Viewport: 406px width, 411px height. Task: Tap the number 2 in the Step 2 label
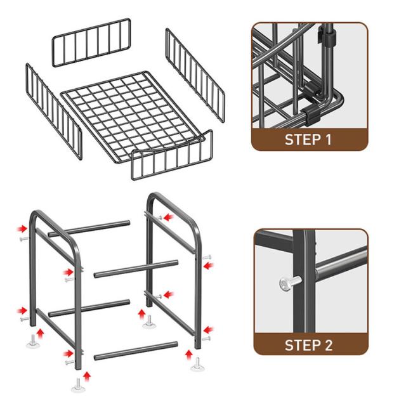coord(328,345)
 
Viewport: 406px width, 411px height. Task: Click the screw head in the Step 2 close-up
coord(285,284)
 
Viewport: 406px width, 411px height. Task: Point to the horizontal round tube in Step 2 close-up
coord(341,263)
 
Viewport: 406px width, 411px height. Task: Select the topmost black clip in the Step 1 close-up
coord(327,34)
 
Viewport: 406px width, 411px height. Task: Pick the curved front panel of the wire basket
coord(172,155)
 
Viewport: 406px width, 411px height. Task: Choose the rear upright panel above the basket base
coord(91,42)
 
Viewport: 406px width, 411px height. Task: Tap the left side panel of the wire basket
coord(54,111)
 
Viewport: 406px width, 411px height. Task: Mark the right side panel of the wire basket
coord(195,75)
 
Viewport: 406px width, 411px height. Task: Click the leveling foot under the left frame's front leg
coord(78,386)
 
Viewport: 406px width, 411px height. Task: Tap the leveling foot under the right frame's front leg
coord(197,365)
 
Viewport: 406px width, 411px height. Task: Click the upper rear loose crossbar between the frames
coord(89,229)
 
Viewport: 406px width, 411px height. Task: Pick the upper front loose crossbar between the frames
coord(136,269)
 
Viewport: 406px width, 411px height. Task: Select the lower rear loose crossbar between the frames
coord(89,308)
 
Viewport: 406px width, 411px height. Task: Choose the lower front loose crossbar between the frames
coord(136,351)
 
